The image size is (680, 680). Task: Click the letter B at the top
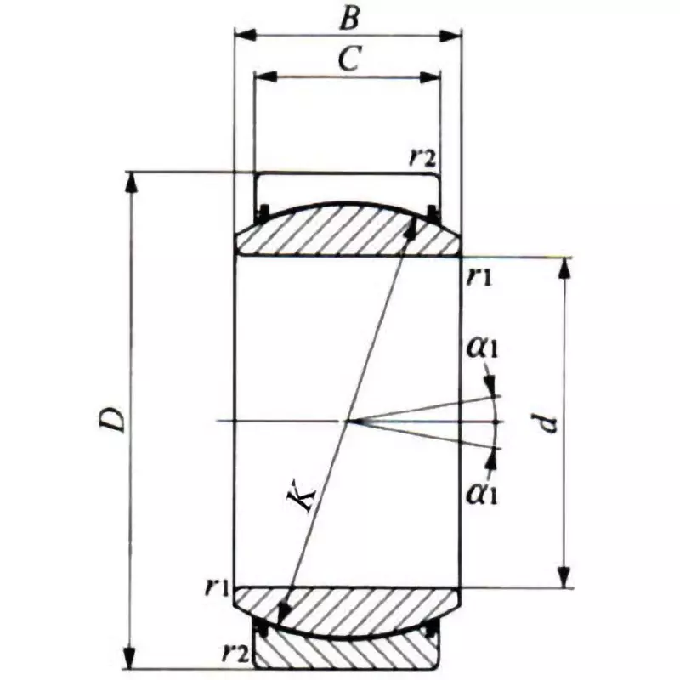click(x=347, y=17)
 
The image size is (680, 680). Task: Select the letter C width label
click(x=347, y=59)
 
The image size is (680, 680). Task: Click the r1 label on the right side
click(x=479, y=276)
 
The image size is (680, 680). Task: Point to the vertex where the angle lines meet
click(x=347, y=421)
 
